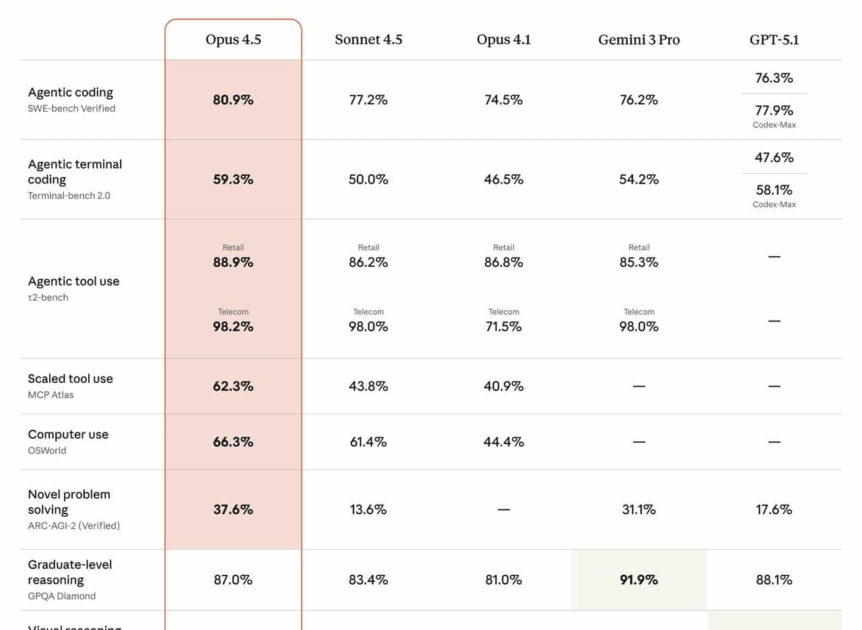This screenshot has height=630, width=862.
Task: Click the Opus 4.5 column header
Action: pos(233,40)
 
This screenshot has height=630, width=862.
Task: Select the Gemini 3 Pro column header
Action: pos(638,40)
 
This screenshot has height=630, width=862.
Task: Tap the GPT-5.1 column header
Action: pos(774,40)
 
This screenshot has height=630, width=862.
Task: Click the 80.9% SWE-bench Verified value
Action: pos(233,100)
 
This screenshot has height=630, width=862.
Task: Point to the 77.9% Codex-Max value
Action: pos(774,111)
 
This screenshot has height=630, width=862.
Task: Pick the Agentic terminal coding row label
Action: pos(75,172)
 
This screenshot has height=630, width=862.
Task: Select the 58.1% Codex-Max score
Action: pos(774,190)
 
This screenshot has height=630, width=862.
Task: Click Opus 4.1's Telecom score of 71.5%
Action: pos(503,327)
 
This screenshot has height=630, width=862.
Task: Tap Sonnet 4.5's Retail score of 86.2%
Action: pos(368,263)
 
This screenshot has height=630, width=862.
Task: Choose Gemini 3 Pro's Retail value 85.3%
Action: pos(638,263)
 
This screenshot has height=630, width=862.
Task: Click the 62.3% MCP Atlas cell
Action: pos(233,386)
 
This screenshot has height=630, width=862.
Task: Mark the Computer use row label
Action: pos(68,435)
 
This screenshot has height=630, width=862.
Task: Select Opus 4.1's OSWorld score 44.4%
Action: pos(503,442)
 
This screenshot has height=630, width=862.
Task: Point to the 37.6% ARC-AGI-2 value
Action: pos(233,509)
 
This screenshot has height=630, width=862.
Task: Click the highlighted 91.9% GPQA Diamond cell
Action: pos(638,579)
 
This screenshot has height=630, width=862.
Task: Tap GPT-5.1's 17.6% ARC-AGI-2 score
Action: pos(774,509)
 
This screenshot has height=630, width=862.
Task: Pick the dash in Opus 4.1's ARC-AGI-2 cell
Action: pos(503,509)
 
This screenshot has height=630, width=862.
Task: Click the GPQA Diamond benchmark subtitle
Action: pos(61,596)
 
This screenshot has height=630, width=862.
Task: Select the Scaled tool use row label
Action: pos(70,379)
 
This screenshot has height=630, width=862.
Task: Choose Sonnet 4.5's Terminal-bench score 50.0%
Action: pos(368,179)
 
